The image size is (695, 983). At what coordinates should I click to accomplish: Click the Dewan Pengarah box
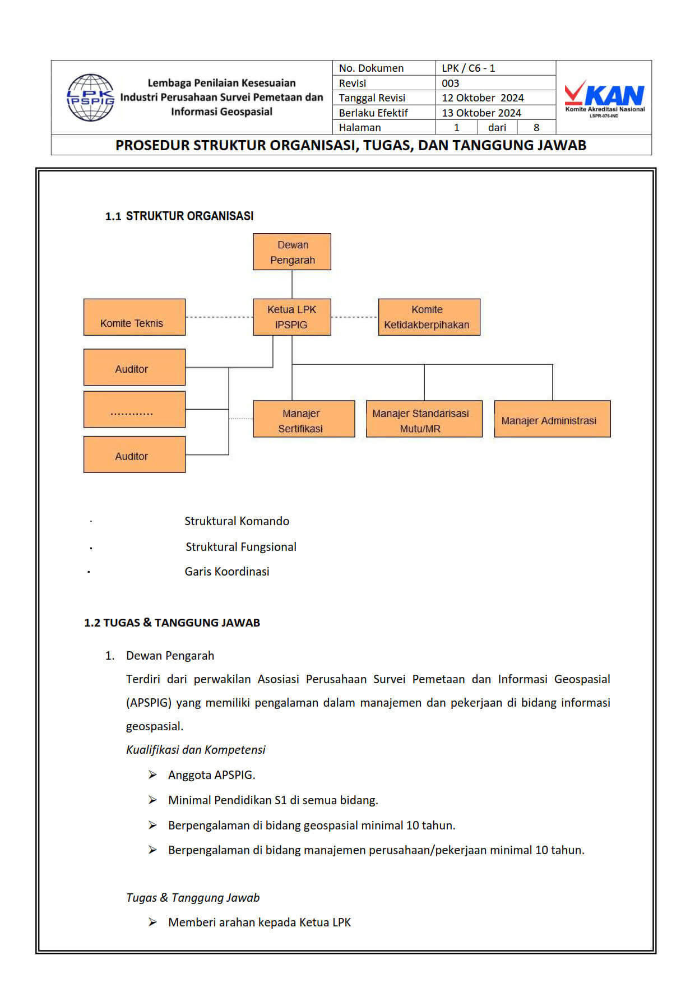292,252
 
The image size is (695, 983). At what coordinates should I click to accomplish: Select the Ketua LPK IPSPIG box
292,317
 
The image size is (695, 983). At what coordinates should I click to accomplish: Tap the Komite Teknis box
135,317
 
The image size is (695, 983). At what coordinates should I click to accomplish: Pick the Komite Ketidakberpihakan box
429,317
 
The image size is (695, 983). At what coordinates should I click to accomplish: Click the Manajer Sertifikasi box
304,419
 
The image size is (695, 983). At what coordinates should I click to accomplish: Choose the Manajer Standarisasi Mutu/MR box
424,419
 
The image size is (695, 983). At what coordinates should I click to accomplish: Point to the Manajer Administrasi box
552,419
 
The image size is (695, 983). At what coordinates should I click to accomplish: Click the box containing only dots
135,410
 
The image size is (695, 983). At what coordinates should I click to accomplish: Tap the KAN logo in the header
604,98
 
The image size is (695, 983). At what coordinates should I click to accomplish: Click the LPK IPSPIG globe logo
90,98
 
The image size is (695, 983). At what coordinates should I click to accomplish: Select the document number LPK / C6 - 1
469,68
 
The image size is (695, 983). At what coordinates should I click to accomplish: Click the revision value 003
451,83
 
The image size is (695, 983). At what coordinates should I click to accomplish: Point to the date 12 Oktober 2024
483,98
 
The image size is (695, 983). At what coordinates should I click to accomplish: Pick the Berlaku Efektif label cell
373,113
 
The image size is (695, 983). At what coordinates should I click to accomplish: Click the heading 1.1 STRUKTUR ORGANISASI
179,216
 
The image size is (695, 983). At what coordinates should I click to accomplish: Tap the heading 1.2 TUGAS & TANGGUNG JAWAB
172,622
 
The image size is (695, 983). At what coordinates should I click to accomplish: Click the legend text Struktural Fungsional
241,546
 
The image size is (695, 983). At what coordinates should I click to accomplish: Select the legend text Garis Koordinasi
227,571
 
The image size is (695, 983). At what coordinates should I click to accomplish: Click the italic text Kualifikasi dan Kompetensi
196,749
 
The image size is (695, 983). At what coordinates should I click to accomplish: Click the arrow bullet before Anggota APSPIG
152,775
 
